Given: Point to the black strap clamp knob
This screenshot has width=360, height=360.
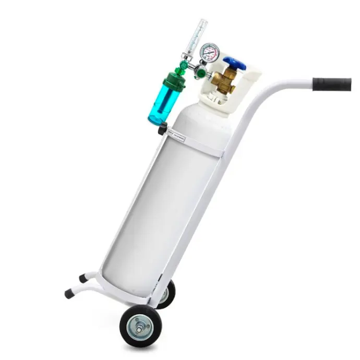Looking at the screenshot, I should tap(162, 129).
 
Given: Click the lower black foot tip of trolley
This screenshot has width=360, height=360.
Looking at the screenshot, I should tap(69, 294).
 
